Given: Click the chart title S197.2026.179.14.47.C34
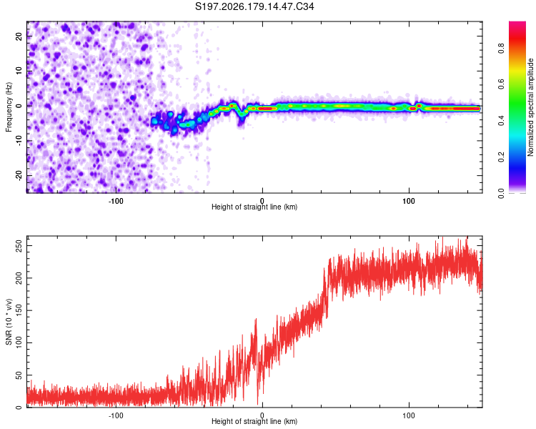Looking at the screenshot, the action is [254, 6].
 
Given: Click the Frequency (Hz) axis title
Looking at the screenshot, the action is [9, 107].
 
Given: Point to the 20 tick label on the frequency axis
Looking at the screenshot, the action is [19, 36].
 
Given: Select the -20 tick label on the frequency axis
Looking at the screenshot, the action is [19, 176].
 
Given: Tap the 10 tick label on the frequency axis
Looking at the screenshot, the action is [19, 71].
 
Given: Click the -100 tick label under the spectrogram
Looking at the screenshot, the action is [116, 201].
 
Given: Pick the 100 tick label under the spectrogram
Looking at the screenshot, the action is [409, 201].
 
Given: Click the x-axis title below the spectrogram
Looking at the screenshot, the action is [254, 207].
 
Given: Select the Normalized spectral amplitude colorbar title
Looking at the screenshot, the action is [530, 107].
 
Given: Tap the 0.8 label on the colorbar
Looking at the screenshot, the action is [501, 49].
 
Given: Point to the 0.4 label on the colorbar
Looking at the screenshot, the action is [501, 120].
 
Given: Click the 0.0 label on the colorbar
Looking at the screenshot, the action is [501, 193].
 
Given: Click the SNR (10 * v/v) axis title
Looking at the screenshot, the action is [9, 322].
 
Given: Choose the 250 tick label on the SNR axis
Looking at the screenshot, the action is [19, 246].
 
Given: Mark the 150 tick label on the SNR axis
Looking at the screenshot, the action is [19, 310].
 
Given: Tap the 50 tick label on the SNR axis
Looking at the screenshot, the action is [19, 375].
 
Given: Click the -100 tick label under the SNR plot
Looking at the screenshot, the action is [116, 415].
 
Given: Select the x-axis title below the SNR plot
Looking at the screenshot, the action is [254, 421].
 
